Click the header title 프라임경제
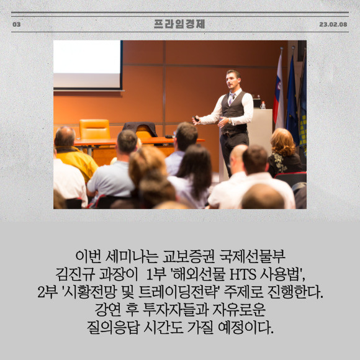179,24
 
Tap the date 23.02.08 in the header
333,24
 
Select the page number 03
17,24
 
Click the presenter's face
232,81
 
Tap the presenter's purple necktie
231,98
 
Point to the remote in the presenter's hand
196,119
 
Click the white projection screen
87,65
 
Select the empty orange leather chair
94,129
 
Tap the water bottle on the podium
263,105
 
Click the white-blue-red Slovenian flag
279,94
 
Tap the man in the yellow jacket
73,153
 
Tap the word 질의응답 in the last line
113,327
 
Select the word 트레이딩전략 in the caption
179,292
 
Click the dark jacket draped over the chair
140,129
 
